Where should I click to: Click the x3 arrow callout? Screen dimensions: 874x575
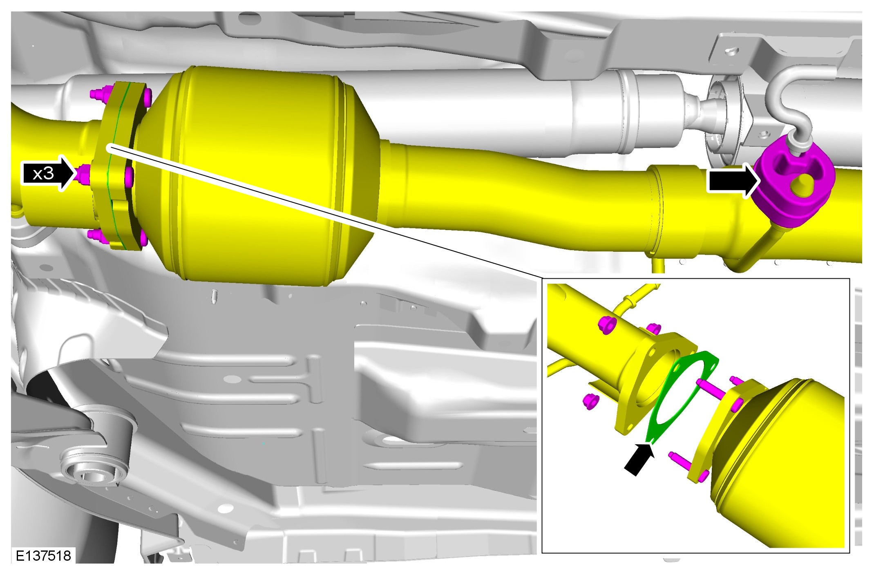point(49,174)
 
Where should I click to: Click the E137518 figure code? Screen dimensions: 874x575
point(43,556)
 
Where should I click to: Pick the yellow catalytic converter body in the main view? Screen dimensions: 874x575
point(262,176)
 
